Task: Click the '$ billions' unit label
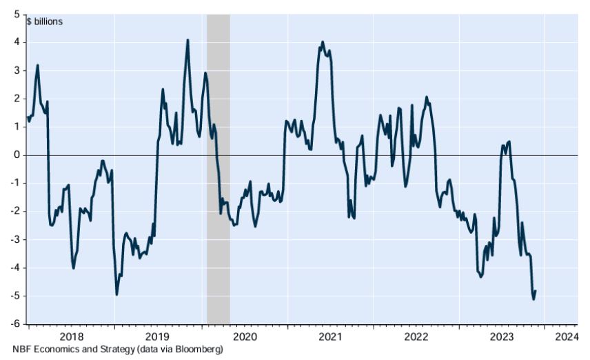click(x=45, y=21)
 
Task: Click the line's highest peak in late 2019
click(x=187, y=40)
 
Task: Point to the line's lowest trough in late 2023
click(x=533, y=299)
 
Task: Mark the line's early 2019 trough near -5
click(x=116, y=294)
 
